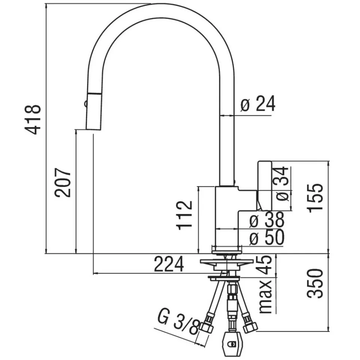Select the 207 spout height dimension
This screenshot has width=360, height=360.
[62, 183]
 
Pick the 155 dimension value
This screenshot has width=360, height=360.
[315, 198]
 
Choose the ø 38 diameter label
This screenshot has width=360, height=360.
[267, 221]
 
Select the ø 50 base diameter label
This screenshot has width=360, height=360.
[267, 238]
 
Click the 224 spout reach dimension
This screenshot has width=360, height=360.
[170, 265]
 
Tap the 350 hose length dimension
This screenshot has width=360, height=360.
[315, 283]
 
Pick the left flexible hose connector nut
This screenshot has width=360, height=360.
[207, 327]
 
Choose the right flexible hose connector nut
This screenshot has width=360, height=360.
[250, 327]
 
